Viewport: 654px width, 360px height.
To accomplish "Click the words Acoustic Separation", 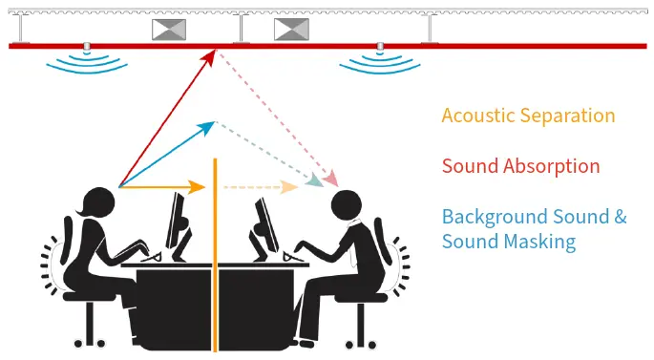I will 528,116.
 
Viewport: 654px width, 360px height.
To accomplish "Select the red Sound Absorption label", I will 520,166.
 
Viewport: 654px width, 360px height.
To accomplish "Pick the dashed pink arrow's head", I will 331,179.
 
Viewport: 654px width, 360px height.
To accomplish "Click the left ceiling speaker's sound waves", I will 87,63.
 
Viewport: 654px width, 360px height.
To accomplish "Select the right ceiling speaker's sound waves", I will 381,63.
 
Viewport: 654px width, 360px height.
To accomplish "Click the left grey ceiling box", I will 169,30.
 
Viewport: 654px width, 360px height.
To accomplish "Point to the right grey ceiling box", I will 291,30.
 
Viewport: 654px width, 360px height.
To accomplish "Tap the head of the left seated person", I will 99,201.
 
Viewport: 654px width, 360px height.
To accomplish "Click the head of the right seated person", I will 346,203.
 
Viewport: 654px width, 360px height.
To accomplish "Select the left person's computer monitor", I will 178,222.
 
